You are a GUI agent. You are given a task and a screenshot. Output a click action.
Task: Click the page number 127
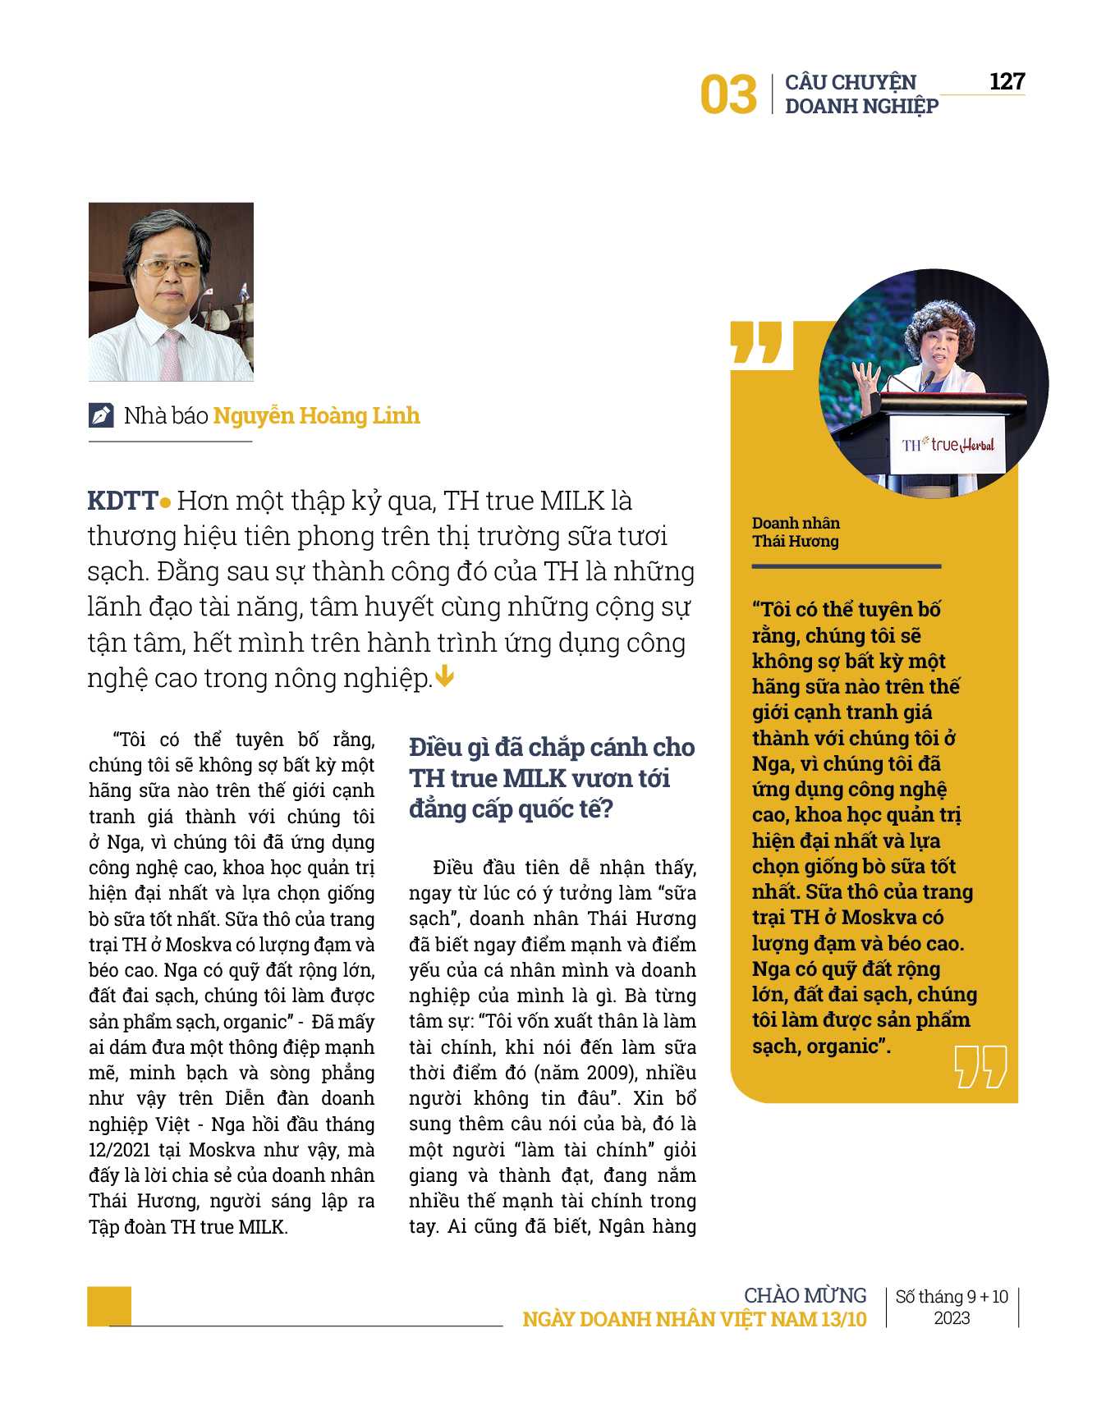[1007, 81]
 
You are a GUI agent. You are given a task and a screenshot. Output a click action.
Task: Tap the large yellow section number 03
[728, 95]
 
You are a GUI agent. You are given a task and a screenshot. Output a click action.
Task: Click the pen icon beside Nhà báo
[101, 415]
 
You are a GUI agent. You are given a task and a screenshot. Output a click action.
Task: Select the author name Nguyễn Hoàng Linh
[316, 415]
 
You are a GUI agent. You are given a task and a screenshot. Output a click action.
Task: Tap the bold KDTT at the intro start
[122, 500]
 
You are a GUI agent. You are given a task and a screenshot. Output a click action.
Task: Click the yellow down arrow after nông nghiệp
[444, 676]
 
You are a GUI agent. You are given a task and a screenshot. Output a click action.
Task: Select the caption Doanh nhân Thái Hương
[795, 532]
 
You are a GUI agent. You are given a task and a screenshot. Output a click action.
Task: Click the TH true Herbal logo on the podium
[948, 445]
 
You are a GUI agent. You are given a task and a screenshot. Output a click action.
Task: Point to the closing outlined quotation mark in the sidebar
[980, 1066]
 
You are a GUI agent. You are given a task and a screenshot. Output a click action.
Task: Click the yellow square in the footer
[109, 1305]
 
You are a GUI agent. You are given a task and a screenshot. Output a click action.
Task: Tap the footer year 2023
[952, 1318]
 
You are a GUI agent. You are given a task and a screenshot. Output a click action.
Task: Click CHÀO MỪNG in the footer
[805, 1295]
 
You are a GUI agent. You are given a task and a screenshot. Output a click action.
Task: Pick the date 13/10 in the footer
[843, 1319]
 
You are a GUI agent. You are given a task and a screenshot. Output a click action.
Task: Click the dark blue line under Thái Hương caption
[846, 566]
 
